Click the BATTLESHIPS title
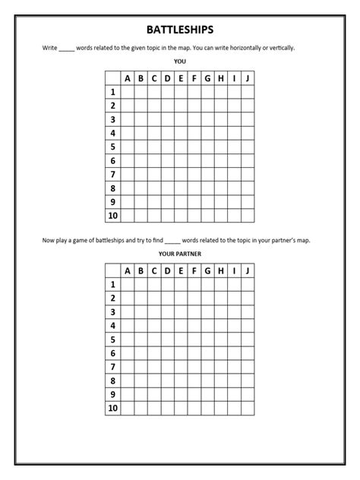(x=180, y=30)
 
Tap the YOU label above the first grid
(x=180, y=62)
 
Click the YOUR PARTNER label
(x=180, y=254)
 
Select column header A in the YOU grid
(x=127, y=77)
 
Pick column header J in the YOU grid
(x=248, y=77)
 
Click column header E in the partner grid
(x=181, y=271)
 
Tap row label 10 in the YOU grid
(x=112, y=216)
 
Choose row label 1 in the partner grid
(x=112, y=285)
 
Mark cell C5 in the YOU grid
(x=154, y=147)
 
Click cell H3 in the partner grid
(x=221, y=312)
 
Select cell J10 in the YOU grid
(x=248, y=216)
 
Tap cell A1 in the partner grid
(x=127, y=285)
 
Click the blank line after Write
(x=67, y=49)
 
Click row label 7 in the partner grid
(x=112, y=368)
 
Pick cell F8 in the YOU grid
(x=194, y=188)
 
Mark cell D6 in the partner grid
(x=167, y=354)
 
